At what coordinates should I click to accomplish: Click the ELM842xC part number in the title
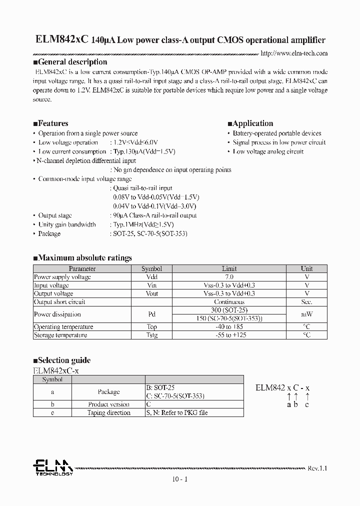(x=55, y=40)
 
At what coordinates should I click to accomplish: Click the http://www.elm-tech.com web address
(x=294, y=53)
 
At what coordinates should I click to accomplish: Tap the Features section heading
(x=50, y=123)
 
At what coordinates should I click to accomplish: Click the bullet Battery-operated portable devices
(x=276, y=133)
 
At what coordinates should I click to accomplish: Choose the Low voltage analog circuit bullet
(x=267, y=151)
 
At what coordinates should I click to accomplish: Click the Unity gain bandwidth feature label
(x=67, y=224)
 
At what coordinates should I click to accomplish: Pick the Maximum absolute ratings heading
(x=82, y=258)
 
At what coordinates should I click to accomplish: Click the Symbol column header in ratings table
(x=151, y=268)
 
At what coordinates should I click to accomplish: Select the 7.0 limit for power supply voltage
(x=229, y=276)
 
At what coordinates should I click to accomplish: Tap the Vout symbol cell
(x=151, y=293)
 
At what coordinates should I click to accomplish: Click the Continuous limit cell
(x=229, y=302)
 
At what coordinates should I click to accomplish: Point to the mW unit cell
(x=306, y=314)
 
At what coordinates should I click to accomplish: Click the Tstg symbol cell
(x=151, y=335)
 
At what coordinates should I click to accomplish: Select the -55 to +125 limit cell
(x=229, y=335)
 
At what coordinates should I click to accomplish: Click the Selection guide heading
(x=62, y=360)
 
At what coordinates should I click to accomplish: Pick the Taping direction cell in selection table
(x=108, y=412)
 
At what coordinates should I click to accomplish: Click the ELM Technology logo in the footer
(x=53, y=467)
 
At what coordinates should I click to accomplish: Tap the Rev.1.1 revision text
(x=317, y=468)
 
